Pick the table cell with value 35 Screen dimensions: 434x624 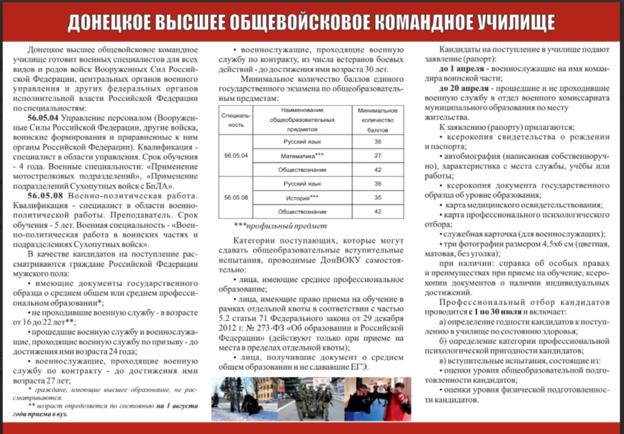click(376, 197)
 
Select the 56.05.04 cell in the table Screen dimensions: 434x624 click(236, 156)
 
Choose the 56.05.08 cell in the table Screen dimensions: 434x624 click(236, 197)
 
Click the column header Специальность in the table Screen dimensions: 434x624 click(236, 120)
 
